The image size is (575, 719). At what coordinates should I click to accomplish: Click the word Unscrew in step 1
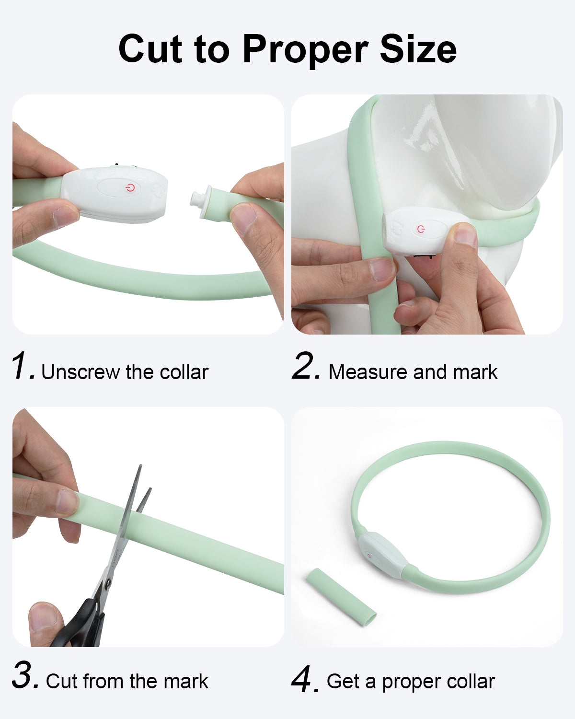tap(80, 372)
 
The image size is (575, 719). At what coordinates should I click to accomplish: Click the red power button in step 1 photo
tap(129, 187)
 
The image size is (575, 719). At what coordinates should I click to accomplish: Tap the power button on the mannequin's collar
tap(421, 229)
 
